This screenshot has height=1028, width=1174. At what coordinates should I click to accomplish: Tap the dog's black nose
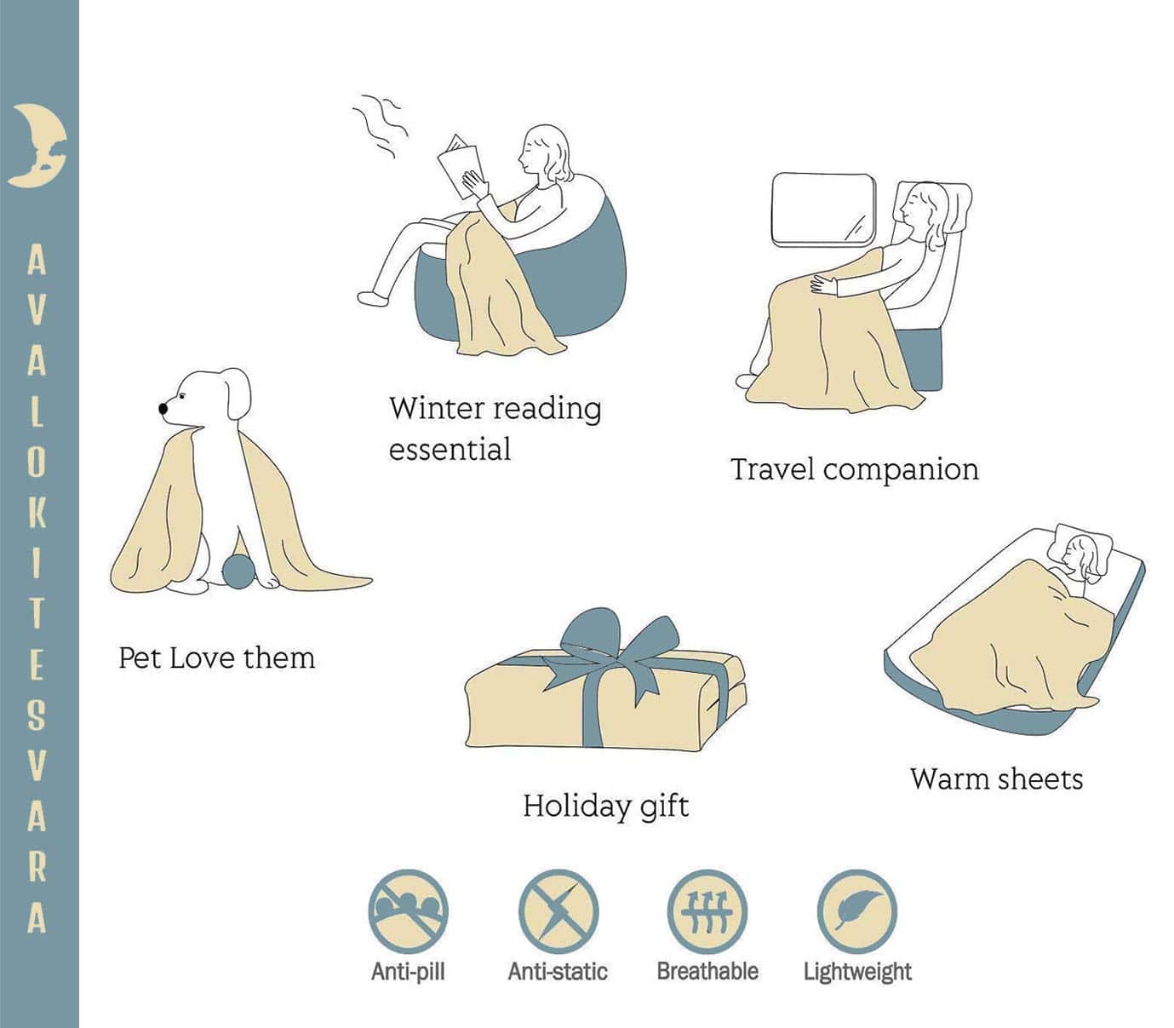coord(163,408)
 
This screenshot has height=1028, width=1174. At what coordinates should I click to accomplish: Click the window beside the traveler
coord(824,210)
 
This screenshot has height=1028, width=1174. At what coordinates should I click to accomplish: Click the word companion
coord(901,470)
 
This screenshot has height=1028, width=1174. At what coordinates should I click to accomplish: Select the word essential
coord(450,448)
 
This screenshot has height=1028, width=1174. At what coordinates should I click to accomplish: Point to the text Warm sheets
coord(997,779)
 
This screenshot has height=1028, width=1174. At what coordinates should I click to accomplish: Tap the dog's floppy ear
coord(238,394)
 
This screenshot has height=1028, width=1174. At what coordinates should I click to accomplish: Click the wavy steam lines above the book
coord(381,124)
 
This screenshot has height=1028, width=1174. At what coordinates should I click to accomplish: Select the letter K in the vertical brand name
coord(37,511)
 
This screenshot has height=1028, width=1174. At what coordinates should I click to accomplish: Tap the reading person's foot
coord(372,298)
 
